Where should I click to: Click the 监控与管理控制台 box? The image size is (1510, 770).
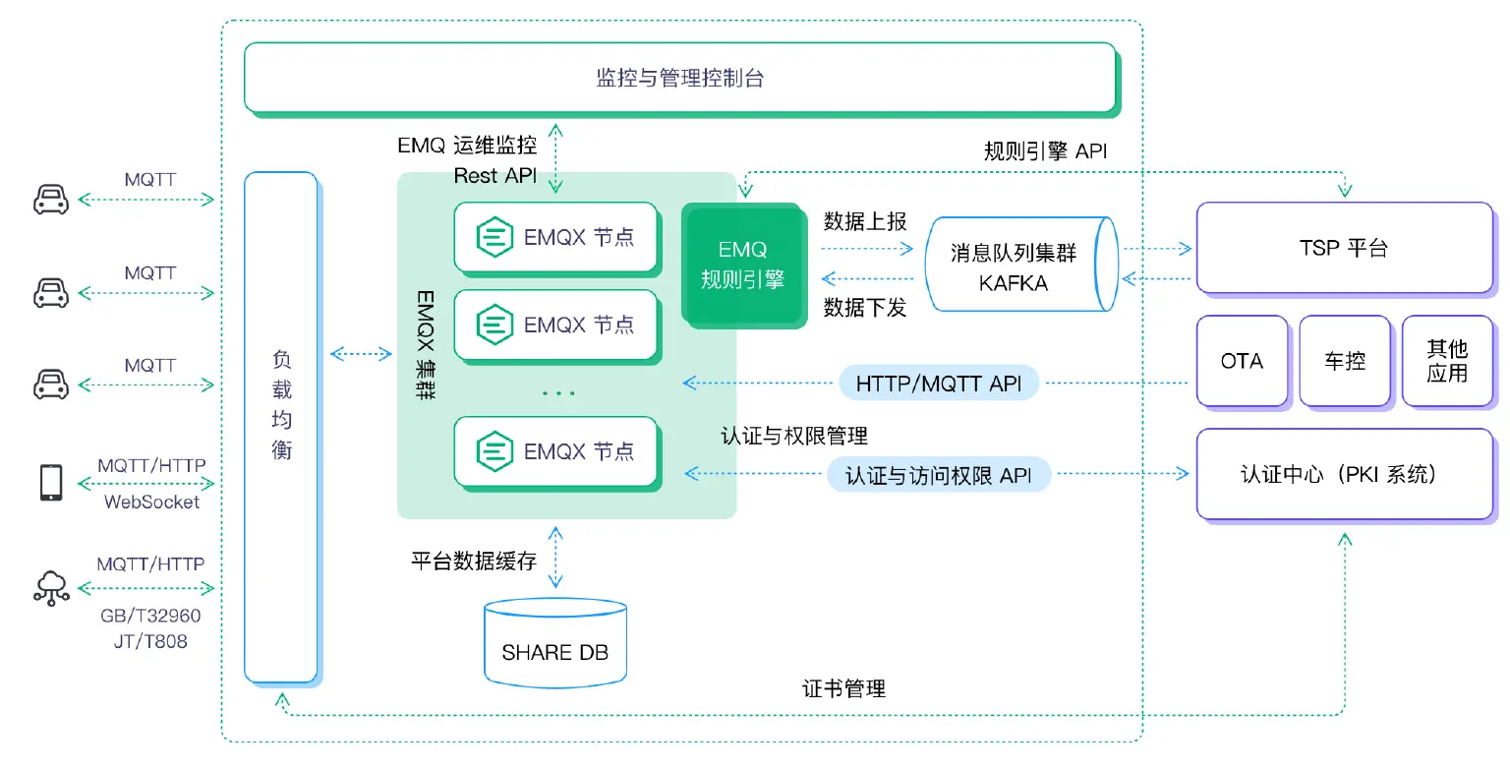click(679, 78)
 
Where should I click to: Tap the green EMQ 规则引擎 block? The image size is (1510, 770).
click(742, 265)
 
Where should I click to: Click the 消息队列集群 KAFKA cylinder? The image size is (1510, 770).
click(1017, 266)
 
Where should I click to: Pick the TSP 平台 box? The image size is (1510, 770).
click(1343, 248)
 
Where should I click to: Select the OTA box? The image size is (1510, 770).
click(1242, 361)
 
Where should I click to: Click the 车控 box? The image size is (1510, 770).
click(1345, 361)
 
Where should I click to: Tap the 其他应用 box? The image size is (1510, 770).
click(1446, 361)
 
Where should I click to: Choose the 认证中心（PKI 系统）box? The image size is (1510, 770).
click(1343, 474)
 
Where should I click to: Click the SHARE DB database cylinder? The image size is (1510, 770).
click(555, 643)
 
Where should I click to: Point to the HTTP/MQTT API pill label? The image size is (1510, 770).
click(939, 383)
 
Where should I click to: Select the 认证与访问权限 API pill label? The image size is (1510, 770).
click(939, 475)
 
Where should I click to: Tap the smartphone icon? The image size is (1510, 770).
click(51, 483)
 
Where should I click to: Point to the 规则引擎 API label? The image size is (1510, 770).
click(1046, 150)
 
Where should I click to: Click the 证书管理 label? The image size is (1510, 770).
click(843, 688)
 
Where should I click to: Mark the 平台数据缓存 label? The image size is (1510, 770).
click(474, 562)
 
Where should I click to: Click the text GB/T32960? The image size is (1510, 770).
click(150, 617)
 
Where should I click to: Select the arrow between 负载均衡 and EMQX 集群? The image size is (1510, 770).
click(361, 353)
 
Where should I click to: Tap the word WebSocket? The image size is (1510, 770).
click(151, 503)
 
